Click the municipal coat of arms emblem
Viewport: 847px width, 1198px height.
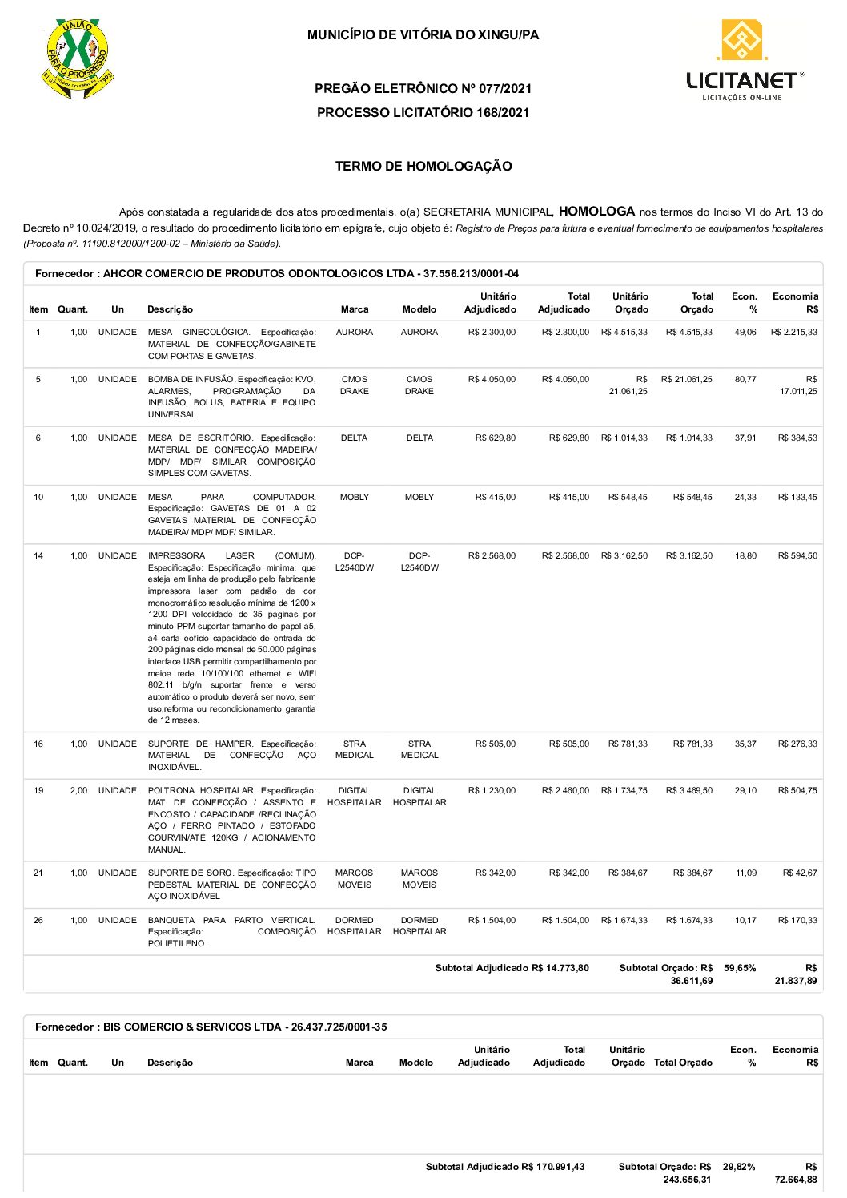pyautogui.click(x=77, y=58)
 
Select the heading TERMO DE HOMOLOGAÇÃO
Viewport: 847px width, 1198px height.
pyautogui.click(x=423, y=167)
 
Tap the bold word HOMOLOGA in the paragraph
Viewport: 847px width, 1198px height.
pyautogui.click(x=596, y=212)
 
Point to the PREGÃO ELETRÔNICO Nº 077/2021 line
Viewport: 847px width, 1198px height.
pyautogui.click(x=423, y=88)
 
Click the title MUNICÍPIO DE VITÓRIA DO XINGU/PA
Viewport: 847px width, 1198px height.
pyautogui.click(x=423, y=35)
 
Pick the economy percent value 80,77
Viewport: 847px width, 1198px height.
pyautogui.click(x=745, y=379)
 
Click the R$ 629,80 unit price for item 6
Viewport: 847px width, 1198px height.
pyautogui.click(x=495, y=438)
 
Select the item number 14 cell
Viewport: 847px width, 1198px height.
pyautogui.click(x=38, y=555)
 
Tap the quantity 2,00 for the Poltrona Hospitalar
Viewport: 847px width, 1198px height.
pyautogui.click(x=78, y=790)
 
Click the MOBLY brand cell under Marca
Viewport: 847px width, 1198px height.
pyautogui.click(x=354, y=497)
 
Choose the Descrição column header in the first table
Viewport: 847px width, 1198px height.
pyautogui.click(x=170, y=309)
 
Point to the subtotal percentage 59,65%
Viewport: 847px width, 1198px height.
pyautogui.click(x=740, y=968)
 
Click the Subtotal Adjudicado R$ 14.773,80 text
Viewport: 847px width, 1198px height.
pyautogui.click(x=512, y=968)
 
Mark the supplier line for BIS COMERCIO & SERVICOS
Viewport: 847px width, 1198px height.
pyautogui.click(x=211, y=1027)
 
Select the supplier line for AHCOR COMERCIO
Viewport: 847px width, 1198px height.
pyautogui.click(x=276, y=274)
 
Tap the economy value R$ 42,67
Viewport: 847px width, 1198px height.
pyautogui.click(x=799, y=873)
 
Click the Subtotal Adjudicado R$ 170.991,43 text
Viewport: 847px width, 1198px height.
pyautogui.click(x=505, y=1167)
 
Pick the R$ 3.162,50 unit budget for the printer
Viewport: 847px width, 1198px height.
pyautogui.click(x=624, y=555)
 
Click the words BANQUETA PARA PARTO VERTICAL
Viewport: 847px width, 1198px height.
pyautogui.click(x=231, y=920)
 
